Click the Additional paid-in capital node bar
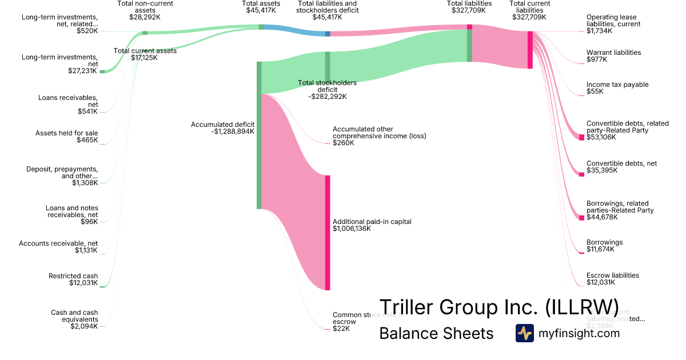tap(328, 233)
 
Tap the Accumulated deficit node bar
tap(259, 135)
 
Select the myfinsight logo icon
tap(524, 333)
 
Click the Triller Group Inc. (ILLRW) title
tap(498, 307)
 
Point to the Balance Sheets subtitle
tap(436, 334)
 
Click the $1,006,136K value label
tap(352, 229)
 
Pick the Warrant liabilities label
tap(613, 53)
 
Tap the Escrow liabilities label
tap(612, 275)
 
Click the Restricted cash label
tap(73, 276)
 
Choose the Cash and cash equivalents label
tap(74, 316)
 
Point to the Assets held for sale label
tap(67, 133)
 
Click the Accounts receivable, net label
tap(58, 243)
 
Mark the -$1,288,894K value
tap(233, 131)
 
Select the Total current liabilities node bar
tap(530, 50)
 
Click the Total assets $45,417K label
tap(261, 7)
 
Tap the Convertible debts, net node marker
tap(581, 174)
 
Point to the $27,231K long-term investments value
tap(83, 71)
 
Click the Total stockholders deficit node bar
tap(328, 67)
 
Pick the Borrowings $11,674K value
tap(600, 249)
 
